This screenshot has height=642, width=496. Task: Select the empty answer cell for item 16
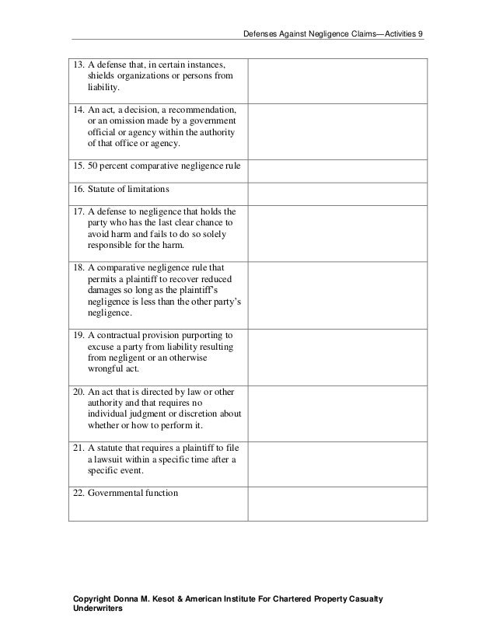coord(337,190)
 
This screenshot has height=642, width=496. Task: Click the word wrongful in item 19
coord(109,370)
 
